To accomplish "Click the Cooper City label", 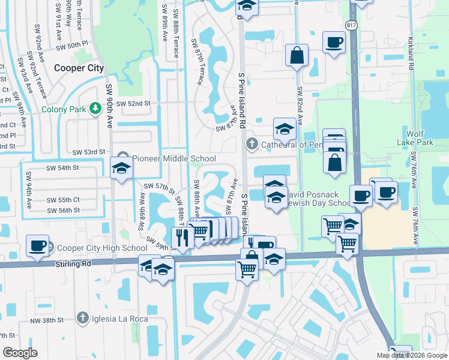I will [79, 68].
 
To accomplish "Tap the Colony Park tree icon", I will [94, 109].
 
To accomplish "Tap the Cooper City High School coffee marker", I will [38, 246].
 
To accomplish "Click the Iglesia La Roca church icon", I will [82, 317].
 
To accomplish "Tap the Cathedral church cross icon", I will [252, 144].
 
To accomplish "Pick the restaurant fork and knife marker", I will [182, 237].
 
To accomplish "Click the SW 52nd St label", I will [133, 103].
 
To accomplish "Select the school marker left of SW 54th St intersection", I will [121, 169].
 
